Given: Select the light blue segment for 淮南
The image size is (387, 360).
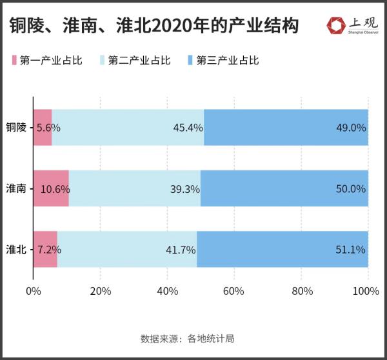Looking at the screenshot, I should click(134, 188).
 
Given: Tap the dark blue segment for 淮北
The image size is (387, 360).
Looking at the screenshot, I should click(282, 249).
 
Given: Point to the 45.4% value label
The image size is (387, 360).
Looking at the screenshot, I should click(187, 128).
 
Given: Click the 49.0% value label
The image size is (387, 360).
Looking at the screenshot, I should click(352, 128).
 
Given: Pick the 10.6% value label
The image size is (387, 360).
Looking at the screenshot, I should click(55, 190).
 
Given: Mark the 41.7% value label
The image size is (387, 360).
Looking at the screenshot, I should click(181, 250).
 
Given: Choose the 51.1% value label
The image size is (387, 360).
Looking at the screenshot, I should click(352, 250).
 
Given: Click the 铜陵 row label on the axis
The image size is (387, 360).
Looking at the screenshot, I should click(16, 127).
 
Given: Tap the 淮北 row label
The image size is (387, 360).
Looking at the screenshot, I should click(16, 249).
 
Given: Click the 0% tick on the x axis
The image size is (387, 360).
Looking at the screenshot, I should click(33, 291).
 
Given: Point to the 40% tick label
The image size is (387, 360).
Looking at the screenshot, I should click(168, 291).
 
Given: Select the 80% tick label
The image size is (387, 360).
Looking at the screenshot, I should click(301, 291).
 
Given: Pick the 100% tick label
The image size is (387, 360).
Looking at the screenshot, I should click(366, 291).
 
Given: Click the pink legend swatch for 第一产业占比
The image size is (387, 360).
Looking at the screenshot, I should click(14, 61).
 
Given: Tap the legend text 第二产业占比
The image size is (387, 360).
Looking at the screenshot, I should click(139, 61).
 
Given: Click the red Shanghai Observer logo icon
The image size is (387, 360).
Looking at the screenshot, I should click(335, 25).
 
